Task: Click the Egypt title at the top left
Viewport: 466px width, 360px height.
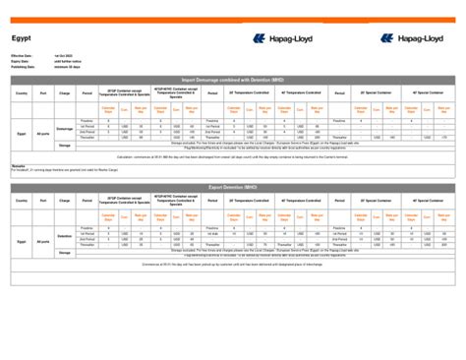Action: point(19,37)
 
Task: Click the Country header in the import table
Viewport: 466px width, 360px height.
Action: point(22,93)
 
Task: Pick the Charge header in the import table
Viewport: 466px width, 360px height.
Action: point(65,93)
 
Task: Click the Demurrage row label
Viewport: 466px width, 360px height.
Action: point(65,129)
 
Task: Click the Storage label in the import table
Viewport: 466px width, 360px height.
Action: point(65,145)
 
